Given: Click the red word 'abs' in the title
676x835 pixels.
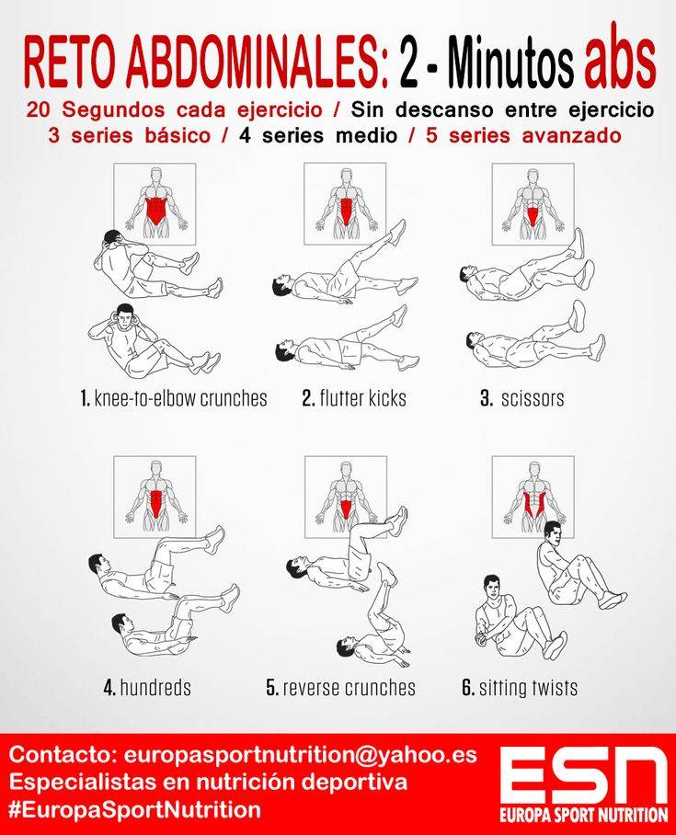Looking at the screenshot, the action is (619, 62).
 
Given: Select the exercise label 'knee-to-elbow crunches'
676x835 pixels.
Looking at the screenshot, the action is (174, 398).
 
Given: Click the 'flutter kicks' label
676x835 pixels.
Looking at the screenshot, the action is (354, 398).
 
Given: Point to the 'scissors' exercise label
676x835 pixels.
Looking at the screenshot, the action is (522, 398).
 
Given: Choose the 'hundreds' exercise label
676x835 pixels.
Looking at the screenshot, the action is (147, 687).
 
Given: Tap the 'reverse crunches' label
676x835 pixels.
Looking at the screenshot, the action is (341, 687).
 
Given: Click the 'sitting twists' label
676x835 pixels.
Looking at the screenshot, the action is (520, 688).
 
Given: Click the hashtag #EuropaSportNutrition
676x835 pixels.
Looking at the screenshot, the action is (135, 810).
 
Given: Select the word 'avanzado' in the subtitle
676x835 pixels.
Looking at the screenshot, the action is (571, 135).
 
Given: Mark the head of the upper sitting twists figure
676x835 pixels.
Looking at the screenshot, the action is (553, 533).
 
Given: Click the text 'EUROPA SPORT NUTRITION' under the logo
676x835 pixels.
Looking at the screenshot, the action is (584, 815).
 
